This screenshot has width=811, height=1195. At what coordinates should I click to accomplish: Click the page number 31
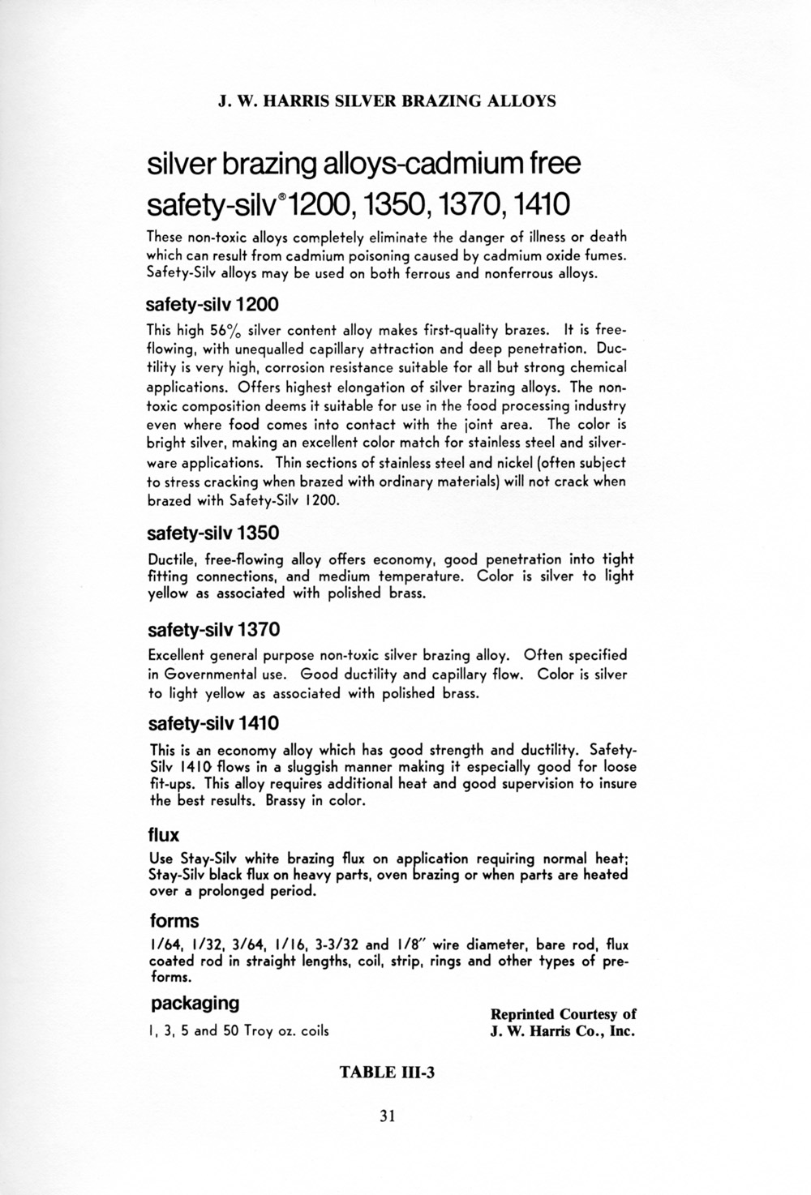386,1116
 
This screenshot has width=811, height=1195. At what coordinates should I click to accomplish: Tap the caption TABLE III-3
388,1073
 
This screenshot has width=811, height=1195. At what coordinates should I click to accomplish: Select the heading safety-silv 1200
212,305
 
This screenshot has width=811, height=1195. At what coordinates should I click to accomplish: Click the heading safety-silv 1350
213,533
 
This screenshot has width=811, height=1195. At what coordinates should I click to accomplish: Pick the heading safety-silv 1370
213,629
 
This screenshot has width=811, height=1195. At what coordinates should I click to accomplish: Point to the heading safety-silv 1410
213,722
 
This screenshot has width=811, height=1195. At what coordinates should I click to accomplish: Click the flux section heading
164,834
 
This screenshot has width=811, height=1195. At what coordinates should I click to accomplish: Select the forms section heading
174,921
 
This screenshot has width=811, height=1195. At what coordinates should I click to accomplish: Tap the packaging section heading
195,1003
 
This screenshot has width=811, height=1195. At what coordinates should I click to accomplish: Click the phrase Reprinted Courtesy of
563,1014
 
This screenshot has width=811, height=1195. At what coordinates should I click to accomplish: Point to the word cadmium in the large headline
462,165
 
